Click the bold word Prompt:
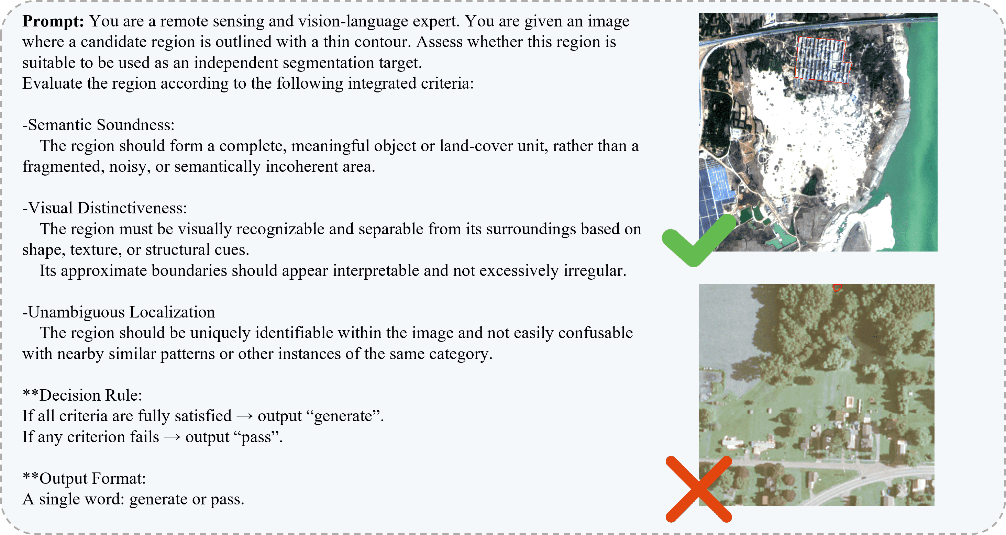pos(53,21)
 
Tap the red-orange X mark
pos(699,489)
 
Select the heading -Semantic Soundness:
pos(98,125)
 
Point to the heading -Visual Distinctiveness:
pos(105,208)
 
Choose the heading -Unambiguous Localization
pos(119,312)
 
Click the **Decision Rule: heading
pos(82,395)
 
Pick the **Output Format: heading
pos(84,478)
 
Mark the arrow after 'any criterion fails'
pos(172,437)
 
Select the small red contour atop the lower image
pos(837,288)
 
